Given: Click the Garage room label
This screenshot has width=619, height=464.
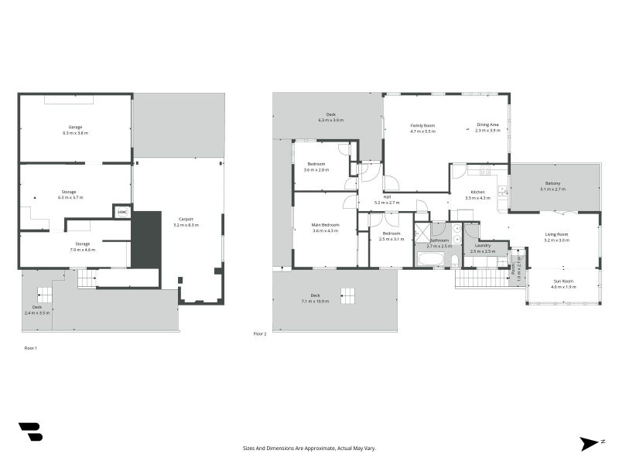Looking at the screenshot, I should pyautogui.click(x=75, y=127).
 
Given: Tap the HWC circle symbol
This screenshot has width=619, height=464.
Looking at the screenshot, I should pyautogui.click(x=122, y=211).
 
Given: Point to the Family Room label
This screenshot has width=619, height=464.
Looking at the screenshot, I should pyautogui.click(x=422, y=125).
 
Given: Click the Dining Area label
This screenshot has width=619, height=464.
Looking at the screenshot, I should pyautogui.click(x=487, y=125).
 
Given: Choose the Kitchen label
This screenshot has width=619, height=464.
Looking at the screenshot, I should pyautogui.click(x=478, y=192).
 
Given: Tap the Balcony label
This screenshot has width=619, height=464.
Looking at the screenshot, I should pyautogui.click(x=552, y=183).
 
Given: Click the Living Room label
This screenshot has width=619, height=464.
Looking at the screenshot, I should pyautogui.click(x=556, y=234).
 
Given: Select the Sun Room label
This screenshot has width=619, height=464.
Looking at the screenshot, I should pyautogui.click(x=563, y=281).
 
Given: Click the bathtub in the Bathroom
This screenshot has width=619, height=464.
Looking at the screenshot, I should pyautogui.click(x=430, y=258).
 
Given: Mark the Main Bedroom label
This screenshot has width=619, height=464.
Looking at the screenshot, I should pyautogui.click(x=326, y=224).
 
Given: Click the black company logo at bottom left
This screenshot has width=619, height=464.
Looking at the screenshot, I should pyautogui.click(x=30, y=432).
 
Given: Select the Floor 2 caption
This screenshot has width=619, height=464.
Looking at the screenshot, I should pyautogui.click(x=260, y=333).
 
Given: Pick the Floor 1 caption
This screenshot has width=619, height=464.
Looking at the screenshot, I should pyautogui.click(x=30, y=349).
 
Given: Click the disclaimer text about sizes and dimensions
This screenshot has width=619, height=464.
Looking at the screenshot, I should pyautogui.click(x=309, y=448).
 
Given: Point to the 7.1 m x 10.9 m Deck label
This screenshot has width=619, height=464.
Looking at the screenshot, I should pyautogui.click(x=315, y=300).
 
